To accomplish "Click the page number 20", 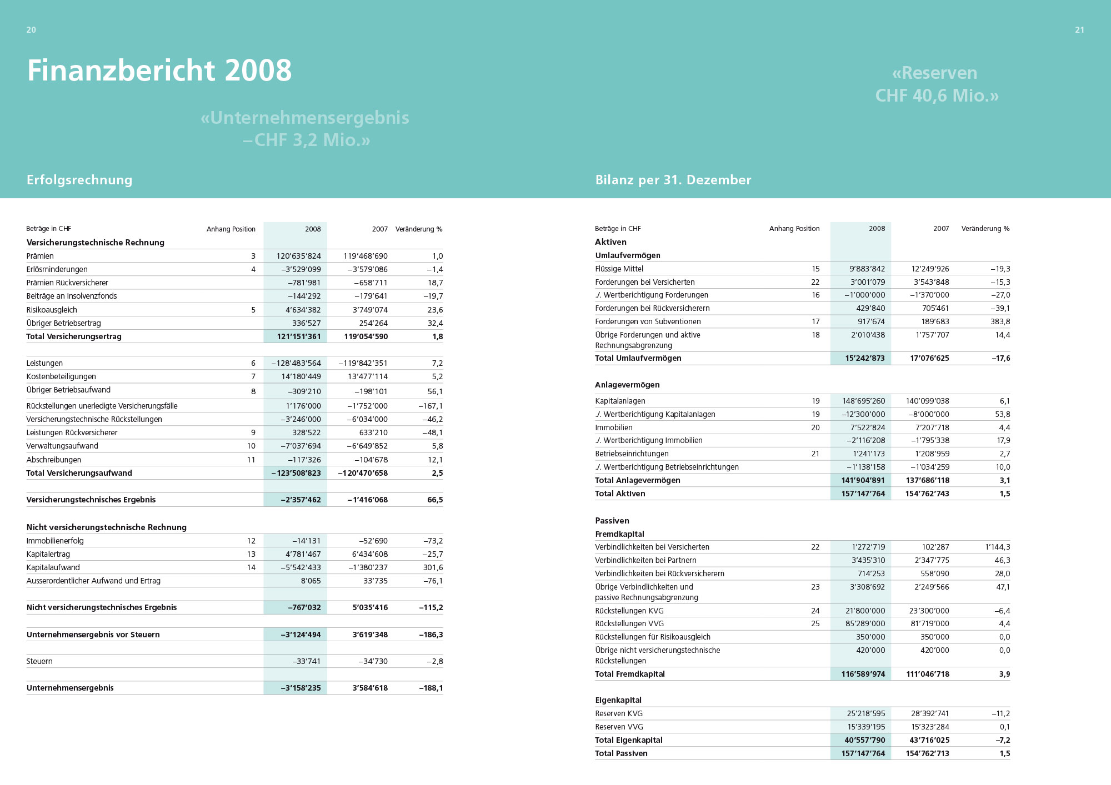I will (31, 30).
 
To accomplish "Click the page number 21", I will (1079, 30).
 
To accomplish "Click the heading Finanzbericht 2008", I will (159, 71).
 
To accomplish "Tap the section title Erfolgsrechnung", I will (79, 180).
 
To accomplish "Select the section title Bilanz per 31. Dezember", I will (673, 180).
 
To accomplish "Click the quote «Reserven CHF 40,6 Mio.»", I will (937, 84).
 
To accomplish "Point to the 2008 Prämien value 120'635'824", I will (299, 256).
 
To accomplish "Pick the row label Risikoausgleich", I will (52, 310).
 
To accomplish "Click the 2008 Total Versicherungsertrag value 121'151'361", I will (299, 336).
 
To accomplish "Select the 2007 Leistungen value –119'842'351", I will (363, 363).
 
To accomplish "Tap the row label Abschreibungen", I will (54, 460).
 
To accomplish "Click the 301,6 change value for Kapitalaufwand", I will (433, 567).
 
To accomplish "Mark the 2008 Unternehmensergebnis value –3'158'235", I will (301, 688).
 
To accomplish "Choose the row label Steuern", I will (39, 661).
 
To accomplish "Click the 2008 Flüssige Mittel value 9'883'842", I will (867, 269).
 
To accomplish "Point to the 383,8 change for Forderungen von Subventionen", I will (999, 321).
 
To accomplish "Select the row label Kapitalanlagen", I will (620, 401).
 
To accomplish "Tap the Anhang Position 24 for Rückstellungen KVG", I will (815, 611).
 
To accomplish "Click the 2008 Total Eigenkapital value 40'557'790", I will (864, 740).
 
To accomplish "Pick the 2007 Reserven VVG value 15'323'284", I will (930, 727).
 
